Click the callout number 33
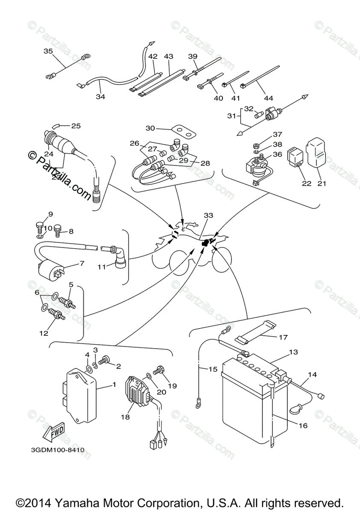(x=208, y=216)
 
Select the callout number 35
(x=48, y=51)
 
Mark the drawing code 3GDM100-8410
(x=57, y=450)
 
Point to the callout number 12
(x=44, y=334)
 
